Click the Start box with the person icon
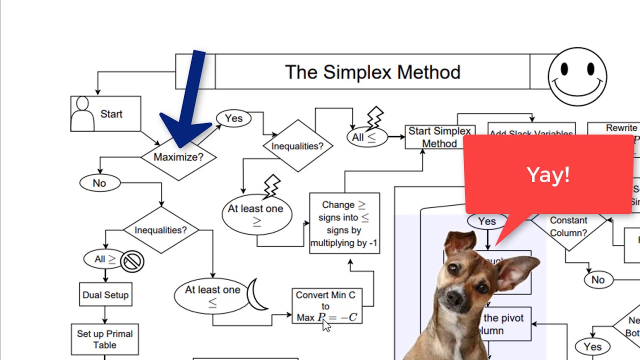(105, 114)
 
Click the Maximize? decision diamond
(178, 157)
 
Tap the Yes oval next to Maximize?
(233, 118)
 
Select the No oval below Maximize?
(99, 183)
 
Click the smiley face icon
(577, 76)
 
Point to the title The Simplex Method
(372, 72)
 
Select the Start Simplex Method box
(439, 137)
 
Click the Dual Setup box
(105, 295)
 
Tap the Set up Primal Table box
(104, 339)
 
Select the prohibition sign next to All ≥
(132, 261)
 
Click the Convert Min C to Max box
(326, 305)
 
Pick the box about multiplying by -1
(344, 223)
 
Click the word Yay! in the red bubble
(548, 175)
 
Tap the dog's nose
(455, 297)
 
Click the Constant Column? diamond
(568, 226)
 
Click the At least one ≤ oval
(212, 295)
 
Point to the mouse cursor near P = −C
(326, 325)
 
